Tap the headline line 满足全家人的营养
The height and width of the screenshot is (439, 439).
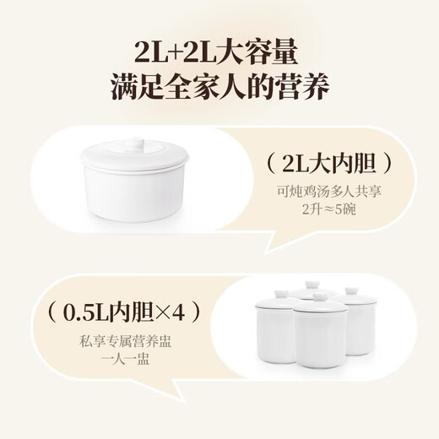click(x=219, y=86)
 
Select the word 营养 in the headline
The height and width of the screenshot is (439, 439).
click(x=301, y=86)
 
